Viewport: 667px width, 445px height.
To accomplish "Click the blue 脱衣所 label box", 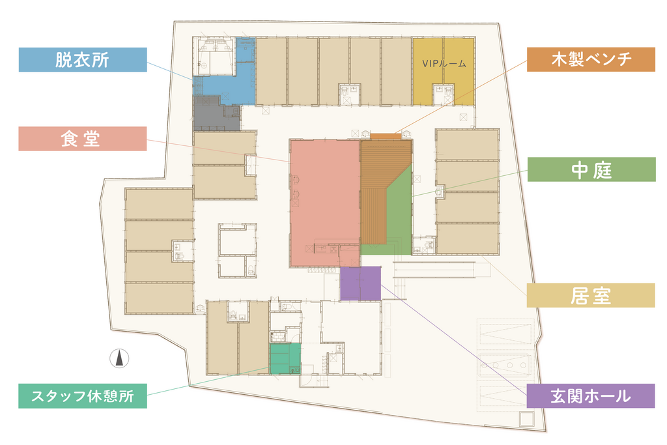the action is coord(83,59).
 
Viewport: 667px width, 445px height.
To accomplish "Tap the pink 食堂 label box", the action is coord(83,139).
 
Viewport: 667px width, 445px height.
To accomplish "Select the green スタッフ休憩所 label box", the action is coord(83,396).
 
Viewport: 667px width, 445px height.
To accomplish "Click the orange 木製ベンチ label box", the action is coord(591,59).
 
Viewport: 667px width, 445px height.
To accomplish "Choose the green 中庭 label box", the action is coord(591,170).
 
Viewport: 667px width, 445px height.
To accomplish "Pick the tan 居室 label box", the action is coord(591,295).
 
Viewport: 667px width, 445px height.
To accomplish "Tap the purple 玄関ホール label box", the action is coord(590,396).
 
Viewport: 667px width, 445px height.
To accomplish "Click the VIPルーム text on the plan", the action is coord(444,64).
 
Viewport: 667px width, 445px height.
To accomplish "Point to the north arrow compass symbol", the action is coord(120,358).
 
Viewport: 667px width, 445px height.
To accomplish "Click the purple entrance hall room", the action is coord(360,283).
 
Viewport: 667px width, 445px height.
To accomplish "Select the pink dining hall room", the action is coord(325,203).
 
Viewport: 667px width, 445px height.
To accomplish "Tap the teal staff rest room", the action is coord(285,358).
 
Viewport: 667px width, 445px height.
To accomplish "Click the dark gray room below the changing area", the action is coord(216,113).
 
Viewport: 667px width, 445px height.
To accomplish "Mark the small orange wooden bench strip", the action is coord(386,136).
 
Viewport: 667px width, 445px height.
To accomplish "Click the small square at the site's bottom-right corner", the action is coord(526,419).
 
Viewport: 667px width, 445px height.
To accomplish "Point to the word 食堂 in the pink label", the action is coord(81,139).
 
